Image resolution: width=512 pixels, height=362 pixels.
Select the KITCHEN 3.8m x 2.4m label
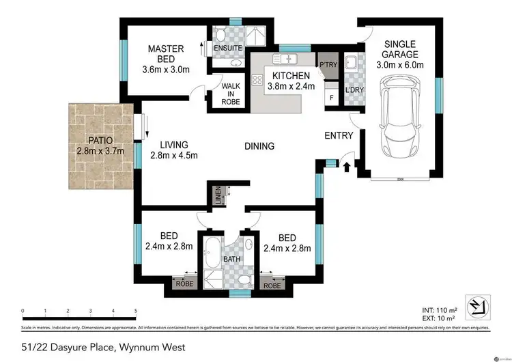(x=291, y=81)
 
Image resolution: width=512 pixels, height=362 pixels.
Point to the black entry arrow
(x=346, y=166)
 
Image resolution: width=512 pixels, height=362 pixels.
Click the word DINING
(x=259, y=145)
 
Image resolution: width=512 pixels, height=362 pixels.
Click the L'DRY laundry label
(x=354, y=90)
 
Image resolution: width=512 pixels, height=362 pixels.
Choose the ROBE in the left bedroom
(x=183, y=283)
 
